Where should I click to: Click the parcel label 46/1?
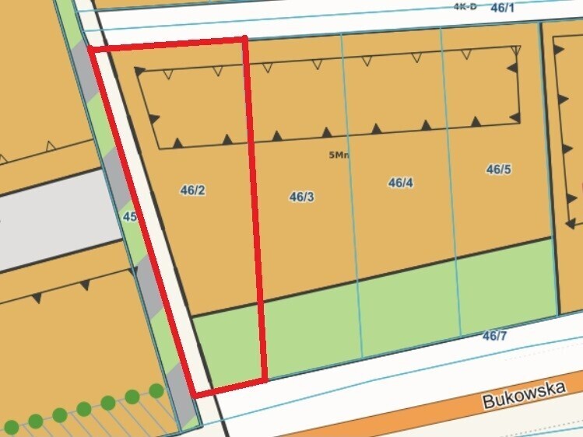503,8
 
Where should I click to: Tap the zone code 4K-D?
465,6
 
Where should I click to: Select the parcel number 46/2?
192,190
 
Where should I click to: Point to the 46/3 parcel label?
301,197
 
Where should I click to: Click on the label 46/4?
400,183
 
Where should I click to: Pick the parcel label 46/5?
498,169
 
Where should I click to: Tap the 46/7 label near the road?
494,336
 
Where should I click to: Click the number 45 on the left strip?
130,217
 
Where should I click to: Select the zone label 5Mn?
339,155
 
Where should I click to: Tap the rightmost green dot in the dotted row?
156,390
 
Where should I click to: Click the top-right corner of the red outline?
245,39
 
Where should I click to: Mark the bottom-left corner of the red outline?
195,395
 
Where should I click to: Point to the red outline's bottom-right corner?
265,379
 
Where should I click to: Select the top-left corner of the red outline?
92,50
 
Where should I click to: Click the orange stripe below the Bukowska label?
467,421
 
